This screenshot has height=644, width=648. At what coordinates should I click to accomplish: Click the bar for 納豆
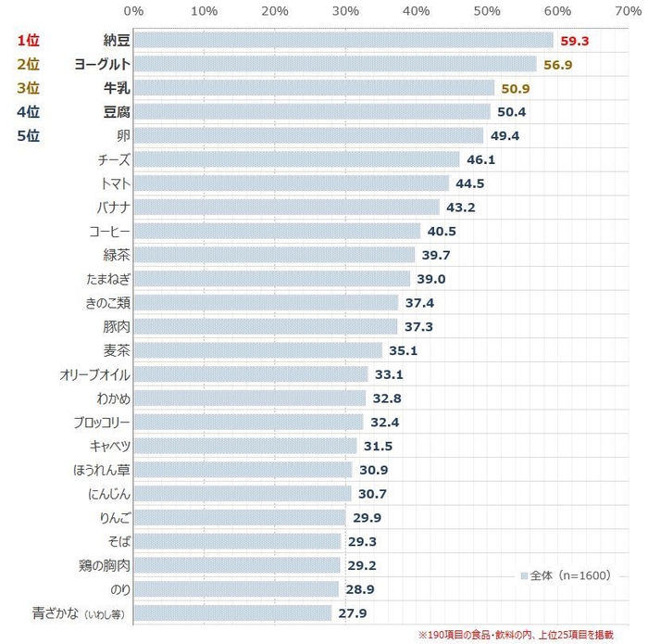[343, 41]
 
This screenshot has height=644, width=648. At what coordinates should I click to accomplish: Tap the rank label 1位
[28, 41]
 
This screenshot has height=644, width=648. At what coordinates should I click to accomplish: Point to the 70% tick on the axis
[627, 11]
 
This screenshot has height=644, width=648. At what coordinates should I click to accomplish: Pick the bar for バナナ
[286, 207]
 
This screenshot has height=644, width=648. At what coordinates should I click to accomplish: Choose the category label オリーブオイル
[94, 374]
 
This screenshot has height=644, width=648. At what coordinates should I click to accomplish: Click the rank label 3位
[28, 88]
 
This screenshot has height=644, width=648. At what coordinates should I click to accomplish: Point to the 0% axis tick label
[133, 11]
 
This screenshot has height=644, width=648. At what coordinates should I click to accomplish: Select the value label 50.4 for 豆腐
[512, 112]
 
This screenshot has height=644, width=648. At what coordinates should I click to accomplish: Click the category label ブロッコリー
[101, 422]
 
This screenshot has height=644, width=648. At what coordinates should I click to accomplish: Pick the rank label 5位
[28, 135]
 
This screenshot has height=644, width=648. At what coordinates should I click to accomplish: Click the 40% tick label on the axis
[416, 11]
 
